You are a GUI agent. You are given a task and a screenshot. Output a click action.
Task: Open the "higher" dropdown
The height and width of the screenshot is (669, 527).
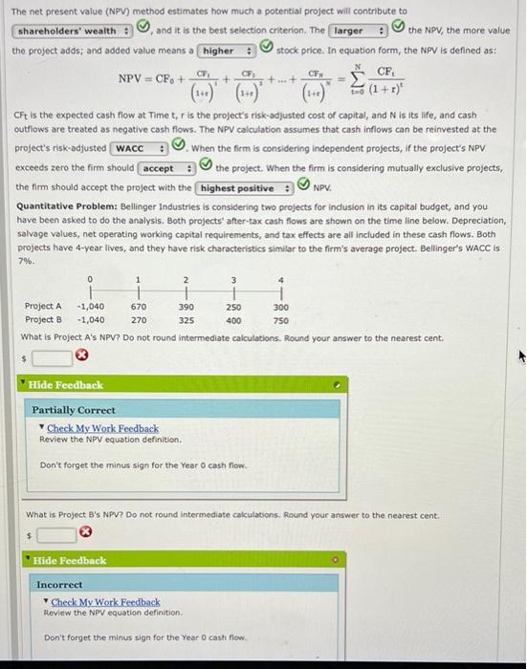click(226, 51)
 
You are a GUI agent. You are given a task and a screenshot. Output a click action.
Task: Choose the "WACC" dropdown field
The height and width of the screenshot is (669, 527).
click(139, 148)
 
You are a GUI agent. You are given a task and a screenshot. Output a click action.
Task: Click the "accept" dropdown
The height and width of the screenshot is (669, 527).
click(167, 168)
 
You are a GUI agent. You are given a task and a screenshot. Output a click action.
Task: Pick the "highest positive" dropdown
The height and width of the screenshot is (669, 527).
click(244, 188)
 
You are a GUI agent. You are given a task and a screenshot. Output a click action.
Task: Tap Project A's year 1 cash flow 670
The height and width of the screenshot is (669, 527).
click(139, 306)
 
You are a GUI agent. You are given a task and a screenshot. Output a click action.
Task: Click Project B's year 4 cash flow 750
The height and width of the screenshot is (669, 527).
click(280, 320)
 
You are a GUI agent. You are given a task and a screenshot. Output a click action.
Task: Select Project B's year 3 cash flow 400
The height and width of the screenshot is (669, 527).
click(233, 320)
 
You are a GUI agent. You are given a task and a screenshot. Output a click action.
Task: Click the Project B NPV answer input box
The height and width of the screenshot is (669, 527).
click(55, 534)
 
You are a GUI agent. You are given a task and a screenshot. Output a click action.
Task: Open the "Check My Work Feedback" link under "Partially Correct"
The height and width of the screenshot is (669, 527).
click(103, 428)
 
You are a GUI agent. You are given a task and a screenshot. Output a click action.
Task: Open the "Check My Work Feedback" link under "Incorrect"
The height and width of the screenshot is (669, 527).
click(105, 602)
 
